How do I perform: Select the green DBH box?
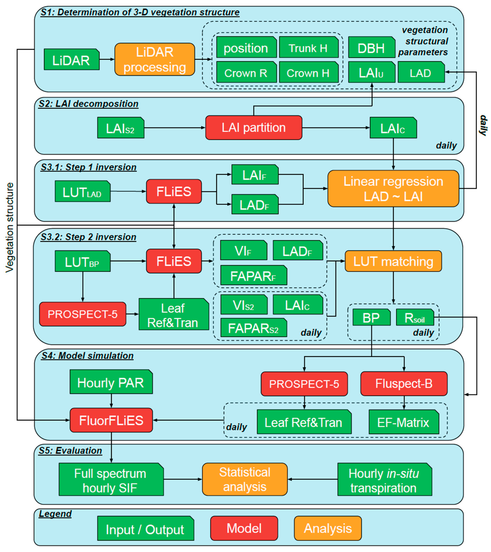tap(371, 48)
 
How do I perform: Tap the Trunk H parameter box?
tap(308, 48)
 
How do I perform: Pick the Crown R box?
tap(246, 72)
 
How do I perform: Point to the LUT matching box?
tap(393, 261)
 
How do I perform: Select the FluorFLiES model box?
tap(111, 420)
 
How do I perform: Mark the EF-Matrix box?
tap(403, 422)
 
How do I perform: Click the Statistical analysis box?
tap(245, 479)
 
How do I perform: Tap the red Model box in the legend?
tap(244, 528)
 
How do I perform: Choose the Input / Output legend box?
tap(145, 529)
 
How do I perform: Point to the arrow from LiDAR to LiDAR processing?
tap(107, 59)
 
